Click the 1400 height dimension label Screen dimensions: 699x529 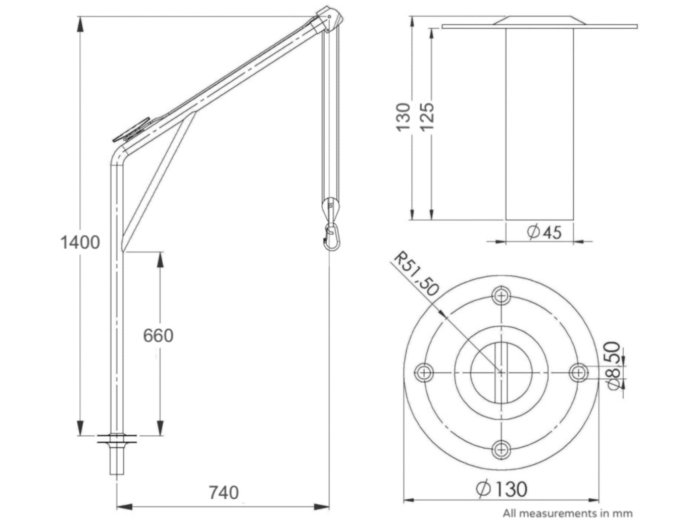click(x=80, y=243)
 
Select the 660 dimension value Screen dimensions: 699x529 click(x=158, y=336)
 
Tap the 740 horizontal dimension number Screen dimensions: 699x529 click(x=224, y=493)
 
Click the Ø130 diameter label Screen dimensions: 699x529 click(x=502, y=489)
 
